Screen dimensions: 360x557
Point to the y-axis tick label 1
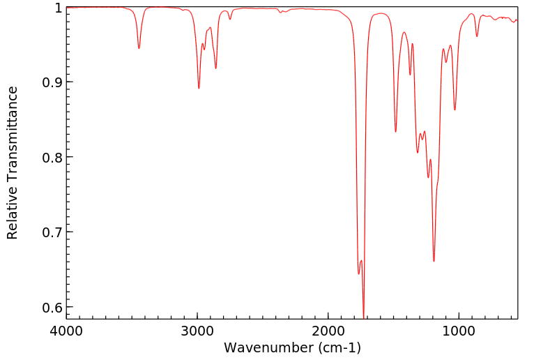[x=57, y=8]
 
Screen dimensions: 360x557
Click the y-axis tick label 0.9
[x=51, y=82]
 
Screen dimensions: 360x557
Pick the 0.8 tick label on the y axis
[x=51, y=157]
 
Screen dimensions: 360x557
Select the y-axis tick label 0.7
[x=51, y=232]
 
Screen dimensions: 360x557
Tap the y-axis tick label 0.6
[x=51, y=307]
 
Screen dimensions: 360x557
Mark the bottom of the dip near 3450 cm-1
[x=139, y=48]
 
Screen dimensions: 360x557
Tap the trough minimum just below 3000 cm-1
[x=199, y=88]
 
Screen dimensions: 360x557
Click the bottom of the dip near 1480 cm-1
[x=395, y=131]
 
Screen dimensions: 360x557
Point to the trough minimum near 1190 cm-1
[x=434, y=261]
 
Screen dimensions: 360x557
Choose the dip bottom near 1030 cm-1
[x=455, y=110]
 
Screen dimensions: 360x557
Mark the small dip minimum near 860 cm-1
[x=477, y=36]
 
